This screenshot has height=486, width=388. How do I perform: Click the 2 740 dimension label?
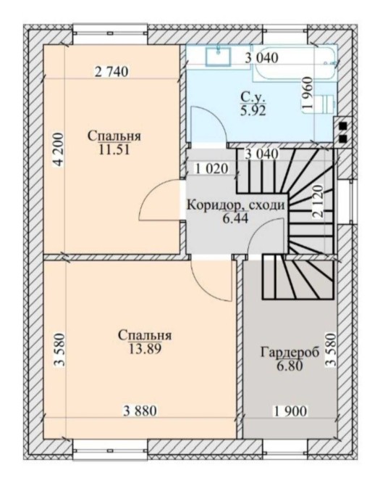[x=111, y=72]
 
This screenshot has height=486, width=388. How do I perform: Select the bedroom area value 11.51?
[x=114, y=149]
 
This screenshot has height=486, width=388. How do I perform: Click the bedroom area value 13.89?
[x=145, y=349]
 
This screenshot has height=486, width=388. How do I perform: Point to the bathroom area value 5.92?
[x=253, y=110]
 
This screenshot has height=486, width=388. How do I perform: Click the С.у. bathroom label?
[x=252, y=98]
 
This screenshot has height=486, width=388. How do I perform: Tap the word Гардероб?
[x=290, y=353]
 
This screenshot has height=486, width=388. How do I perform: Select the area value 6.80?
[x=290, y=366]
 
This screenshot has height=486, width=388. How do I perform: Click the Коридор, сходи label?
[x=236, y=205]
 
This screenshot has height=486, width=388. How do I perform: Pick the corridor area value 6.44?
[x=235, y=218]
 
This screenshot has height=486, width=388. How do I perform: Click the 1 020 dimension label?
[x=212, y=169]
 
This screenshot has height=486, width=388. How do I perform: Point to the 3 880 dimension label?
[x=140, y=411]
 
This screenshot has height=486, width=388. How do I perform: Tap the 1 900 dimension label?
[x=290, y=411]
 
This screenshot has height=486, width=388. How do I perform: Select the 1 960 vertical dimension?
[x=308, y=93]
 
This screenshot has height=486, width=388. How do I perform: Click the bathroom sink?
[x=219, y=57]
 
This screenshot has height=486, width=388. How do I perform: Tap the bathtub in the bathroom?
[x=294, y=64]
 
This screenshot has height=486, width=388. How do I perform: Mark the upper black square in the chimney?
[x=343, y=126]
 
